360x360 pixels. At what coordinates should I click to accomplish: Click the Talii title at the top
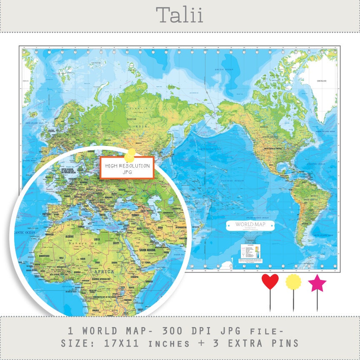(x=180, y=15)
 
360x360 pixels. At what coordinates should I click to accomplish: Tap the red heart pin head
(x=270, y=282)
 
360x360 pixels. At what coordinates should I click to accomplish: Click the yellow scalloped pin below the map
(x=293, y=282)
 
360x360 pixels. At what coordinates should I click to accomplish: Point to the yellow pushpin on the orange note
(x=131, y=154)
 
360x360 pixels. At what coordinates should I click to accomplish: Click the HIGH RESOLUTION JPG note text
(x=127, y=168)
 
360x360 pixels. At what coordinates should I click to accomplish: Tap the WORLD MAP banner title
(x=250, y=225)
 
